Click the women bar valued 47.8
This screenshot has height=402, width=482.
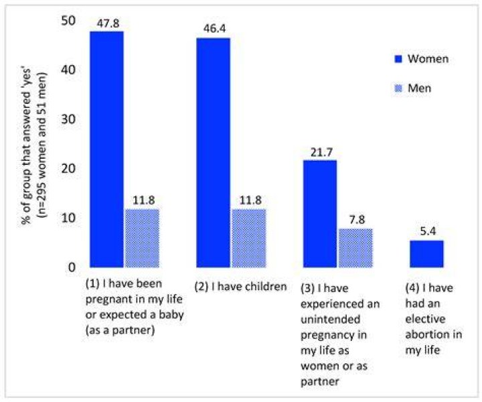pyautogui.click(x=106, y=149)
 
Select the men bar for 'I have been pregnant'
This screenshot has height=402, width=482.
pyautogui.click(x=142, y=238)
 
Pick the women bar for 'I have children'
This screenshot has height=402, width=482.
pyautogui.click(x=213, y=153)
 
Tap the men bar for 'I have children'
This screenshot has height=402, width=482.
pyautogui.click(x=248, y=238)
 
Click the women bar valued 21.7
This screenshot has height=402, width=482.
pyautogui.click(x=320, y=214)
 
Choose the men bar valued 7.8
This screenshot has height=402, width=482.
pyautogui.click(x=355, y=248)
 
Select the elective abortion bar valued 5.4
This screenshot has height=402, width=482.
pyautogui.click(x=426, y=254)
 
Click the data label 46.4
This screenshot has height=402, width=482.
pyautogui.click(x=215, y=29)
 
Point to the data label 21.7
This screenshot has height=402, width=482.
pyautogui.click(x=321, y=152)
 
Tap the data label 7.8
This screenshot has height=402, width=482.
pyautogui.click(x=357, y=220)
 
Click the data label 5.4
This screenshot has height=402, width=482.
pyautogui.click(x=428, y=231)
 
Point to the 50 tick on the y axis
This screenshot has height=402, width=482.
pyautogui.click(x=68, y=21)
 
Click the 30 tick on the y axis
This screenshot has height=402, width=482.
pyautogui.click(x=68, y=119)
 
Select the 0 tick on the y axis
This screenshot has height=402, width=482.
pyautogui.click(x=72, y=267)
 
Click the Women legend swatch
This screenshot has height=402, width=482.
pyautogui.click(x=398, y=59)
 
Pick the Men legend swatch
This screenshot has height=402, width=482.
pyautogui.click(x=398, y=88)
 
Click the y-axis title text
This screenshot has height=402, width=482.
pyautogui.click(x=34, y=145)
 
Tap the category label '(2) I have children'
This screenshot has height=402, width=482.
pyautogui.click(x=241, y=287)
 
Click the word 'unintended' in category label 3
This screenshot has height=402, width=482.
pyautogui.click(x=331, y=320)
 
